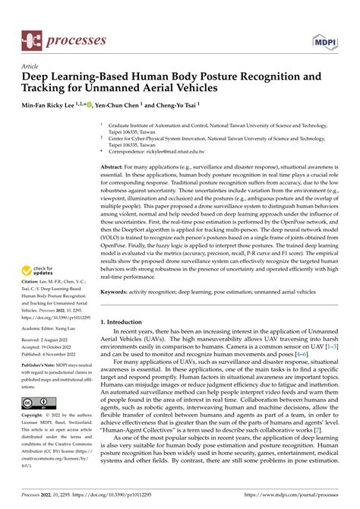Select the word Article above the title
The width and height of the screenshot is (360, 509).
coord(30,66)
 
